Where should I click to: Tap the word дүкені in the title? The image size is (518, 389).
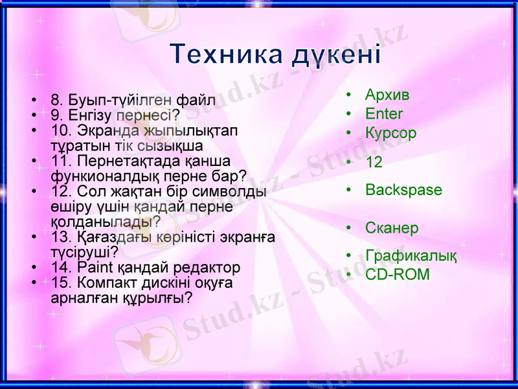334,54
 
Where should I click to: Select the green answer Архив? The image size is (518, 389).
387,95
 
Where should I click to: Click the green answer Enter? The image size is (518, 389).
384,114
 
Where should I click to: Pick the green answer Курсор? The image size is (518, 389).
390,134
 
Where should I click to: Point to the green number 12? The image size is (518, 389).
374,162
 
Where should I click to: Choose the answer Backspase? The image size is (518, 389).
403,190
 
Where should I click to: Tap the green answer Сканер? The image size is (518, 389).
392,228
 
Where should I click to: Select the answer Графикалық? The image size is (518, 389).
411,256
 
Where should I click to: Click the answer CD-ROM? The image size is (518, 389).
397,274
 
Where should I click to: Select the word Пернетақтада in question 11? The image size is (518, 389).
126,159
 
